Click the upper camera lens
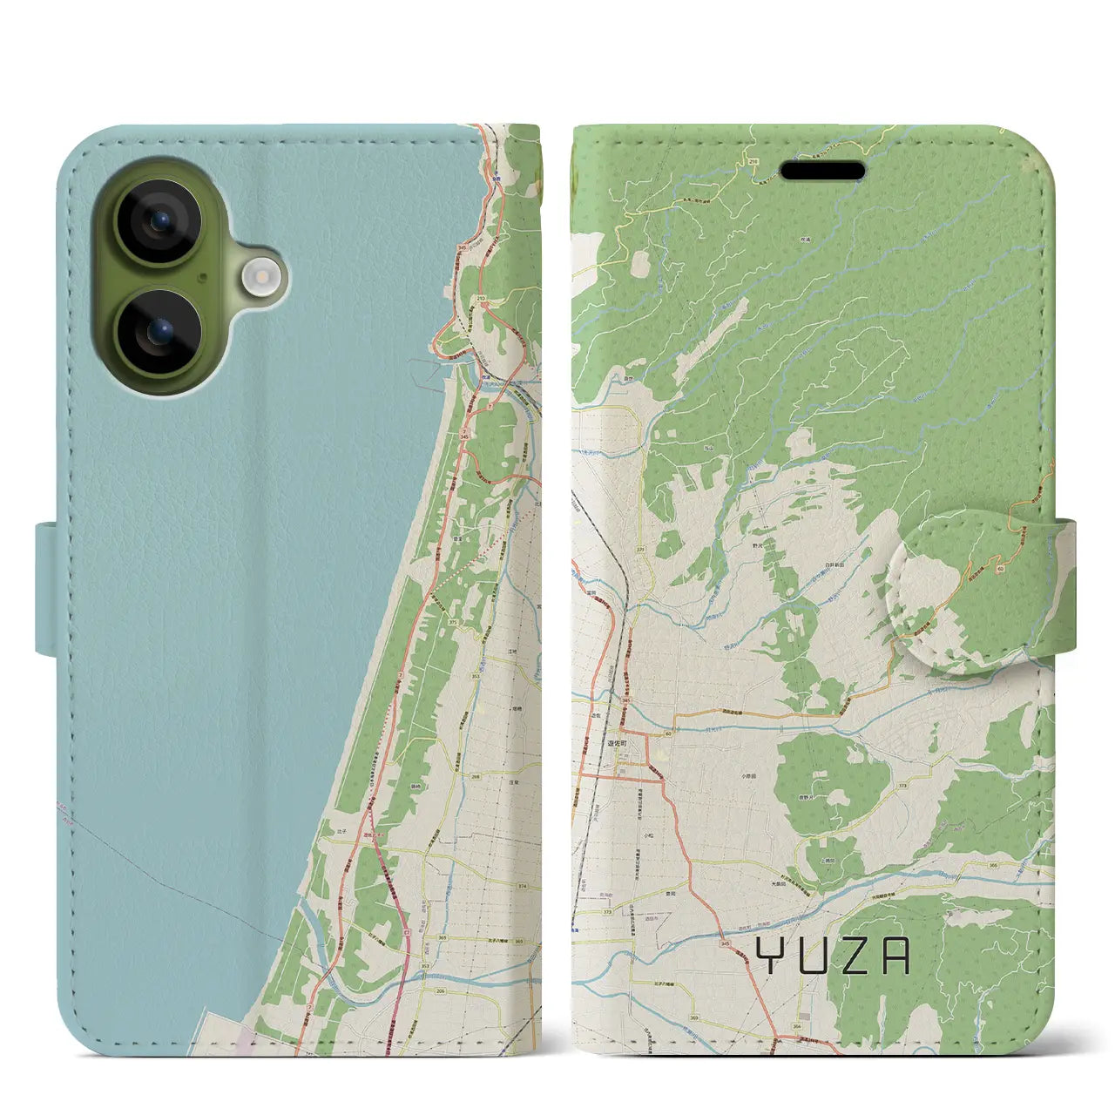coord(159,221)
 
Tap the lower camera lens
coord(159,332)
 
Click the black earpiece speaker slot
coord(822,171)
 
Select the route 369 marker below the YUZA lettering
coord(693,1017)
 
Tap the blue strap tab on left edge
coord(48,588)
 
